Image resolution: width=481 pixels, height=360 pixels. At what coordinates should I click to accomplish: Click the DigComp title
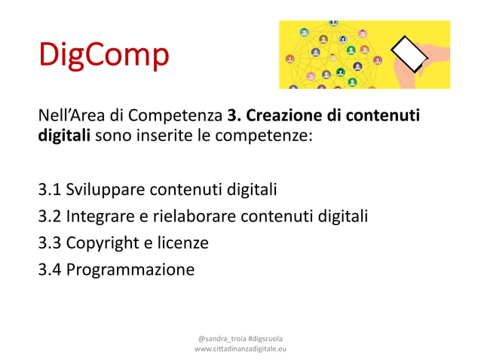pos(104,56)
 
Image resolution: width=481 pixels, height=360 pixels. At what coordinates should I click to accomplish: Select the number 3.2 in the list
pos(51,216)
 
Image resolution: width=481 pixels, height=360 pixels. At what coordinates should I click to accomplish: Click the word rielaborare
pos(193,216)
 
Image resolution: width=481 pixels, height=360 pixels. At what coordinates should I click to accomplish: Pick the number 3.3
pos(51,243)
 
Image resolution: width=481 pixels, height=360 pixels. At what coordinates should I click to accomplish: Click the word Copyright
pos(102,243)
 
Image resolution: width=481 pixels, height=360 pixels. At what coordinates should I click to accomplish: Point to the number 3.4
pos(51,269)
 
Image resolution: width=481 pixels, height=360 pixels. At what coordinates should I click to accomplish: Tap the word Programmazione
pos(130,270)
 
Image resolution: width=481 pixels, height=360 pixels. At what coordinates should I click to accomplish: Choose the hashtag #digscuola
pos(265,338)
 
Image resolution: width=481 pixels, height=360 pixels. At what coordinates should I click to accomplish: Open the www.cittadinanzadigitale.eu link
pos(240,349)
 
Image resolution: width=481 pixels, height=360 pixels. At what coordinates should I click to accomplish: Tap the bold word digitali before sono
pos(65,138)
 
